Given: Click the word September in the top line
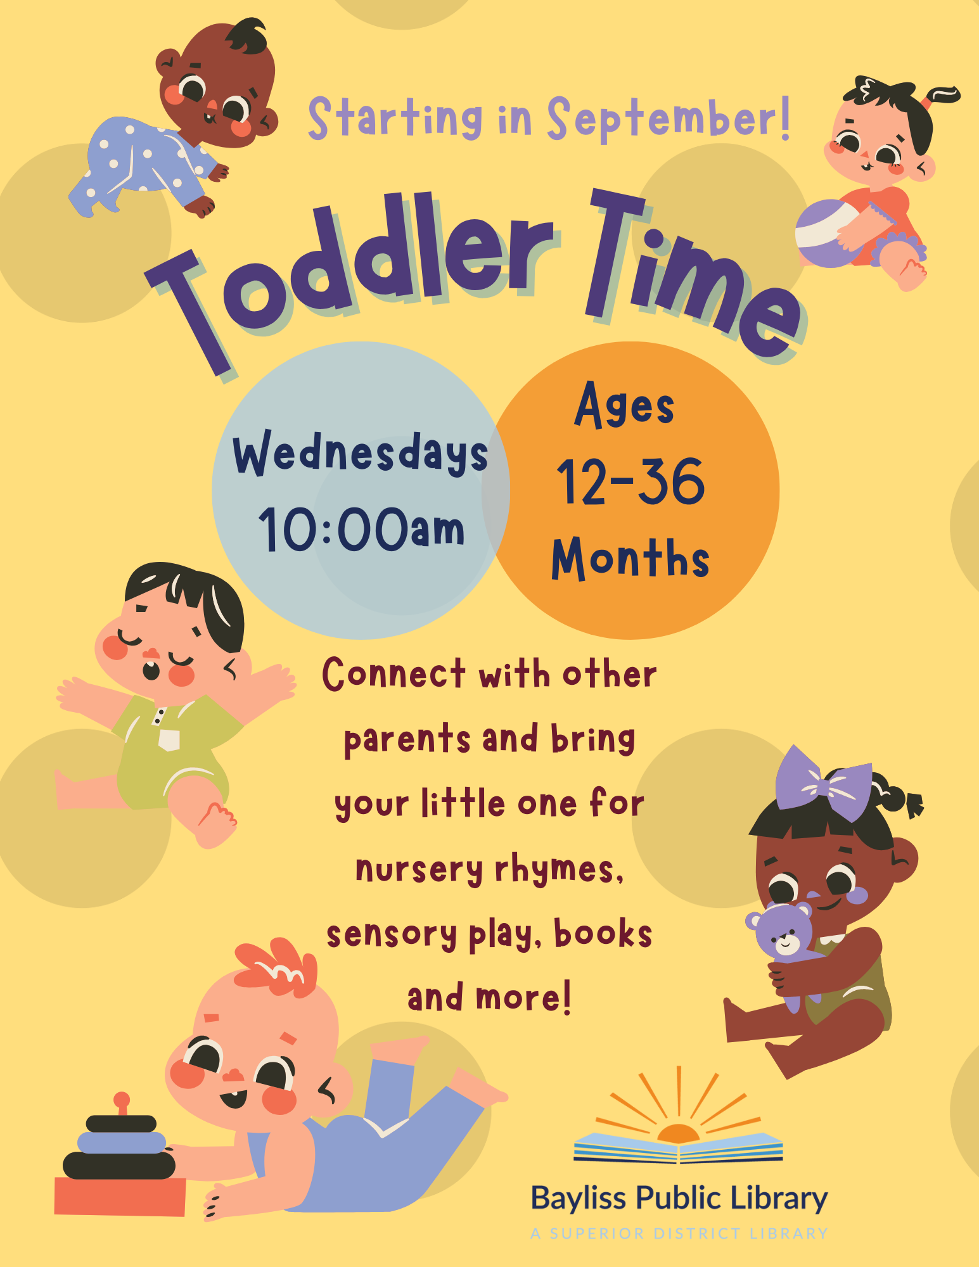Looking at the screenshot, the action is point(669,118).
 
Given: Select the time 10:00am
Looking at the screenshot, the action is point(361,529).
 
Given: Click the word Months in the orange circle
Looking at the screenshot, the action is point(630,558).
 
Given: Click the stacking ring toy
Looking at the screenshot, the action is point(120,1156).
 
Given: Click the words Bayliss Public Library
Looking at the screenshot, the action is point(679,1199).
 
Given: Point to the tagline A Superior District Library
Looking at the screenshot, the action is point(679,1233).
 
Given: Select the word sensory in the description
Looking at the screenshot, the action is point(392,935).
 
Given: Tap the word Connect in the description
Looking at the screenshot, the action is point(394,673).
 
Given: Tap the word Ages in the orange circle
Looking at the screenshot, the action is point(624,405).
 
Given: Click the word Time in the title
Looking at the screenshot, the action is point(694,279).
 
